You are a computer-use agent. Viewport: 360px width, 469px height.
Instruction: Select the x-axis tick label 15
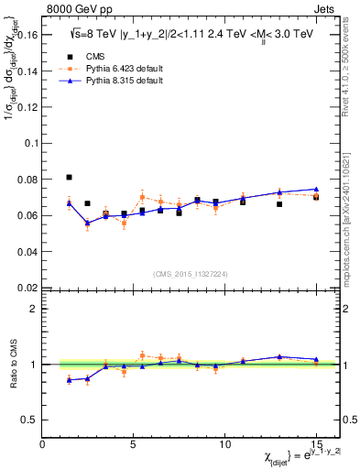point(315,444)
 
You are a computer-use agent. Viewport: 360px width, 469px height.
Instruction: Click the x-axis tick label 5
point(134,444)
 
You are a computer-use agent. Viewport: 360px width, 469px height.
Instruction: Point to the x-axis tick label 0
point(43,444)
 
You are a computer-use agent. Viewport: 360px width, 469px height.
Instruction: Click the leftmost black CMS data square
point(70,177)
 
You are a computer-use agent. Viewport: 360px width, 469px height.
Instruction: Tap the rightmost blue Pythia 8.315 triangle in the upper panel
point(316,189)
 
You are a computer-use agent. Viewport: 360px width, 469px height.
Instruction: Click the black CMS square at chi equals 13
point(279,204)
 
